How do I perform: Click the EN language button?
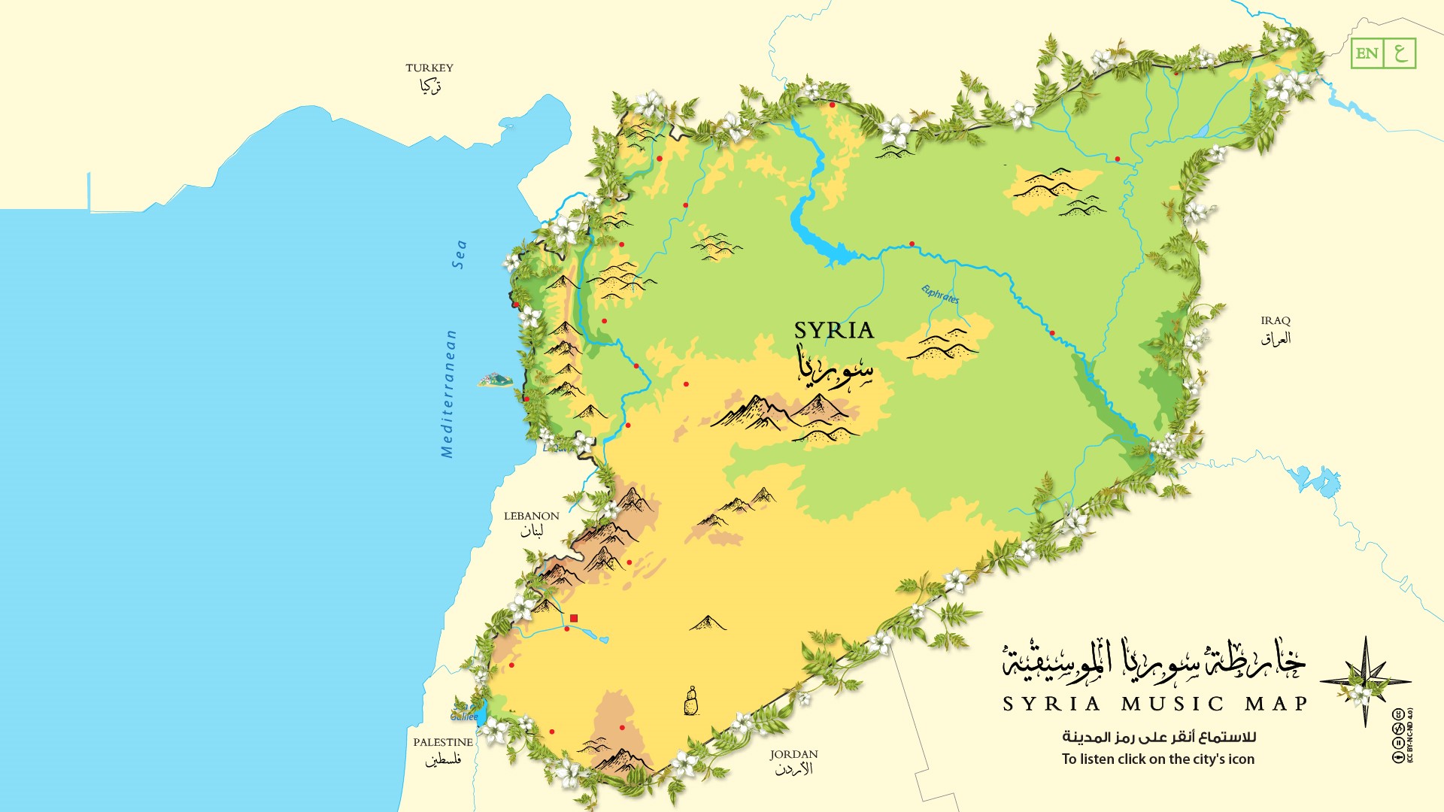coord(1367,53)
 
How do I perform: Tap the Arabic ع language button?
coord(1400,53)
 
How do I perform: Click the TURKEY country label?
coord(429,68)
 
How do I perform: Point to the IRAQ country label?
coord(1276,321)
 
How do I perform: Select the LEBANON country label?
coord(531,517)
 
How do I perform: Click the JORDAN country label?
coord(793,755)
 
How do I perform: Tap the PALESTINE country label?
coord(443,743)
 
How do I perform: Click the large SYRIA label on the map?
coord(833,331)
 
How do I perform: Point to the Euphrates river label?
coord(940,294)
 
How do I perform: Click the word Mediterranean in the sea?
coord(448,394)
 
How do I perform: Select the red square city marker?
coord(574,618)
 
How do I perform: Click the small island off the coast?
coord(494,380)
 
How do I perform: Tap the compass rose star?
coord(1365,681)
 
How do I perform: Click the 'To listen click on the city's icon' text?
coord(1157,759)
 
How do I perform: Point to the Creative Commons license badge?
coord(1400,735)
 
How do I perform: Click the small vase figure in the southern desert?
coord(690,701)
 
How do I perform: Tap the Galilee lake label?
coord(464,717)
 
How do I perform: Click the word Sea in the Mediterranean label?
coord(460,255)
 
